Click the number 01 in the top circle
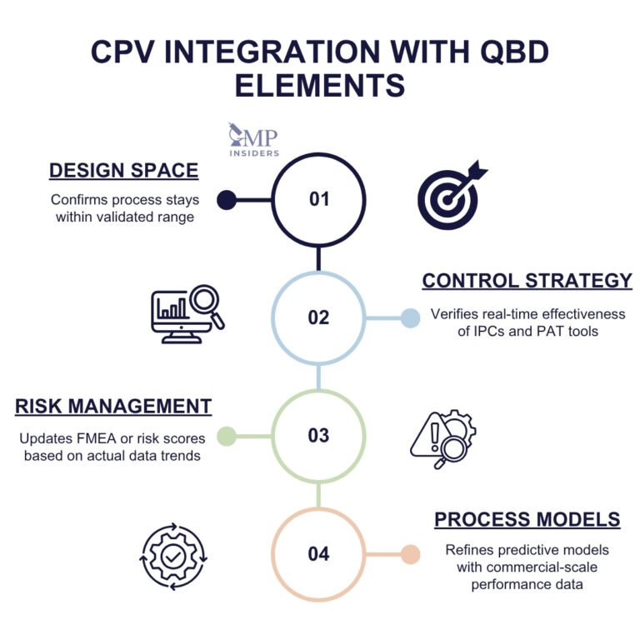319,200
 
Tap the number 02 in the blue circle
319,318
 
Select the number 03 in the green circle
319,436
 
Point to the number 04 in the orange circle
319,554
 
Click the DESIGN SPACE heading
123,171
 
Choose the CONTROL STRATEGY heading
527,281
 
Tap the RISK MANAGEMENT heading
112,407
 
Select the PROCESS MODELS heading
527,520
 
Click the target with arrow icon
452,197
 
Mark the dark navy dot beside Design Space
224,200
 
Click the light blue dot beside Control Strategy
410,318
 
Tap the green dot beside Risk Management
224,436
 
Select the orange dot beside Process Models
410,554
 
